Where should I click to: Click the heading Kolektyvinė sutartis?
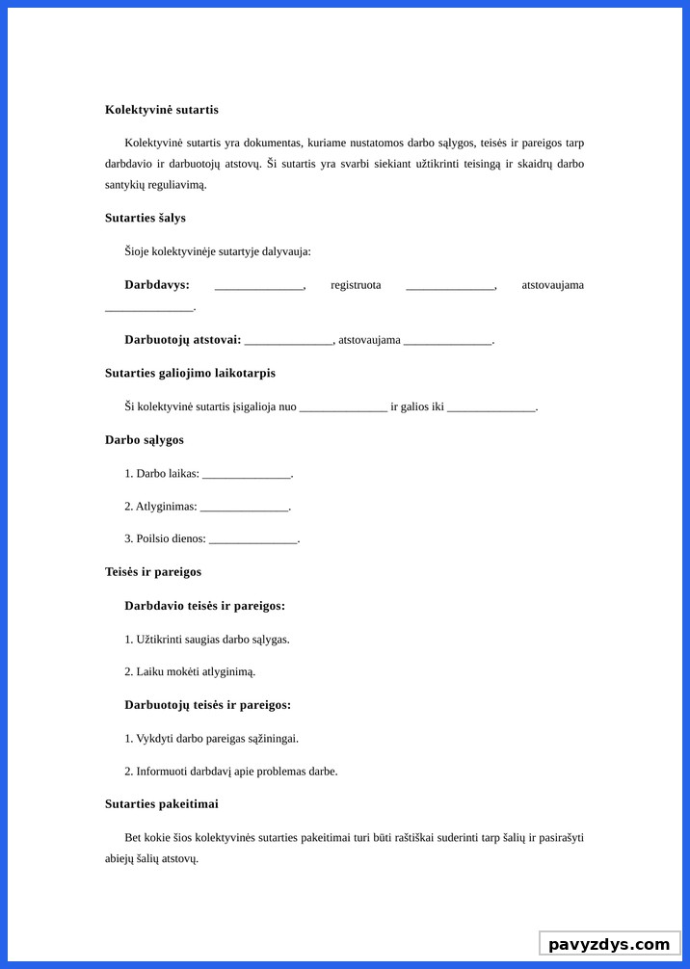[x=162, y=110]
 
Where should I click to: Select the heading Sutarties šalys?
[x=146, y=219]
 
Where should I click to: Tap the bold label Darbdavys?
[x=157, y=285]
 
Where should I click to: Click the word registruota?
[x=356, y=285]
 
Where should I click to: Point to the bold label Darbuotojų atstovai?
[x=183, y=340]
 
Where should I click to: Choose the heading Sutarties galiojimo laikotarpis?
[x=190, y=373]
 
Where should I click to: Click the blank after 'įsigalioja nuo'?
[x=343, y=407]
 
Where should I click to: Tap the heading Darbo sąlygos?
[x=145, y=440]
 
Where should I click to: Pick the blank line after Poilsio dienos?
[x=252, y=539]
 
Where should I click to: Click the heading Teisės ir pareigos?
[x=153, y=572]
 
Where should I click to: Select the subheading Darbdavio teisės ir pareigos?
[x=204, y=606]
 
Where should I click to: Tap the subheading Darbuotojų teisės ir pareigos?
[x=207, y=705]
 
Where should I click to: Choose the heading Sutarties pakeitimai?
[x=162, y=804]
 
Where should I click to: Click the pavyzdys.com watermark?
[x=609, y=944]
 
